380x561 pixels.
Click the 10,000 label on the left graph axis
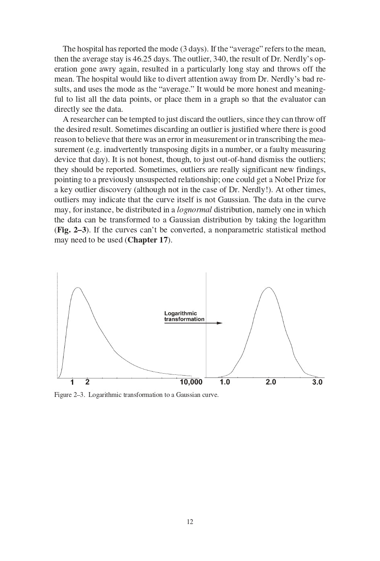(191, 382)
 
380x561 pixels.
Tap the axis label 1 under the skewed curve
(72, 382)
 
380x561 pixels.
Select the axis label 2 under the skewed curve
(87, 382)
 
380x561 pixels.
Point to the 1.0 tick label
(225, 382)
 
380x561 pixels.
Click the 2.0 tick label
(271, 382)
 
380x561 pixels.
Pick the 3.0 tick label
(317, 382)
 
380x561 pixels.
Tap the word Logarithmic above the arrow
(181, 313)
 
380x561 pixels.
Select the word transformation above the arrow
(184, 319)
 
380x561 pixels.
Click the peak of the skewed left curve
(78, 288)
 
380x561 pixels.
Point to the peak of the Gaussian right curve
(268, 287)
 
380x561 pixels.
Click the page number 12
(190, 522)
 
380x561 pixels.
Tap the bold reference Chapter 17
(147, 240)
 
